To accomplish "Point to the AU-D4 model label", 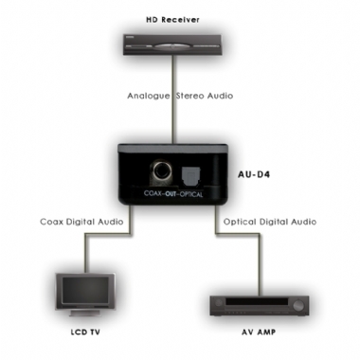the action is coord(250,174).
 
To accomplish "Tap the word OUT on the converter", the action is coord(167,194).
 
